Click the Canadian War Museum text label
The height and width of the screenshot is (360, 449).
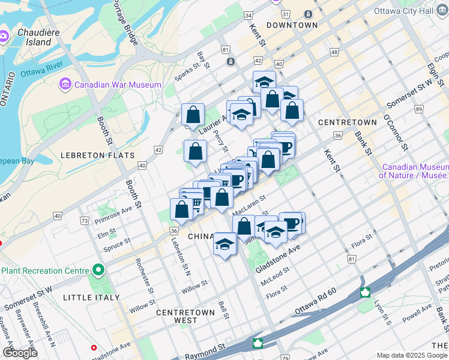coord(118,85)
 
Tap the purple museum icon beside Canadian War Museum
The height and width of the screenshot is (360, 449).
coord(65,85)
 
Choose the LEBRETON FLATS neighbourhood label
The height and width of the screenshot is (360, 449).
coord(97,155)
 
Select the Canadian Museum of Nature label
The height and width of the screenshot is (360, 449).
coord(414,171)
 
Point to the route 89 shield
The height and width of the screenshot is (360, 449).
coord(418,109)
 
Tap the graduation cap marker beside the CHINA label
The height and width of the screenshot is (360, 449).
coord(225,244)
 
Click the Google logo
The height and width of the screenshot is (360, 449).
coord(20,353)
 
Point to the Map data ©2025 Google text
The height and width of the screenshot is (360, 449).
coord(411,355)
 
